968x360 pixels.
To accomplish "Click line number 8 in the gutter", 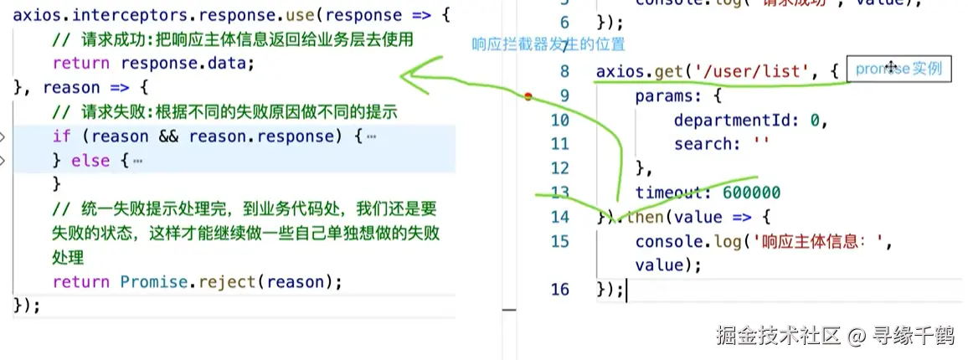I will pos(564,72).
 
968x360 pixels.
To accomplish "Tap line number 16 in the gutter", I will pos(559,290).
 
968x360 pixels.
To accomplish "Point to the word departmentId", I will pos(737,120).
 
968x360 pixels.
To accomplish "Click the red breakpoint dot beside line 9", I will pos(528,96).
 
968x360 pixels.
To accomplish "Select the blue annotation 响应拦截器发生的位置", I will pos(548,44).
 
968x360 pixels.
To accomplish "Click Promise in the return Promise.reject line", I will pos(156,281).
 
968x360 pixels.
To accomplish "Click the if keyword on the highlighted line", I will pos(62,136).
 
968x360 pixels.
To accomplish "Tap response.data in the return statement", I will pos(187,63).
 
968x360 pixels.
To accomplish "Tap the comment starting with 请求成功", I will pos(233,39).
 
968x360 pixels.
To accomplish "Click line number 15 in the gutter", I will pos(559,242).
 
